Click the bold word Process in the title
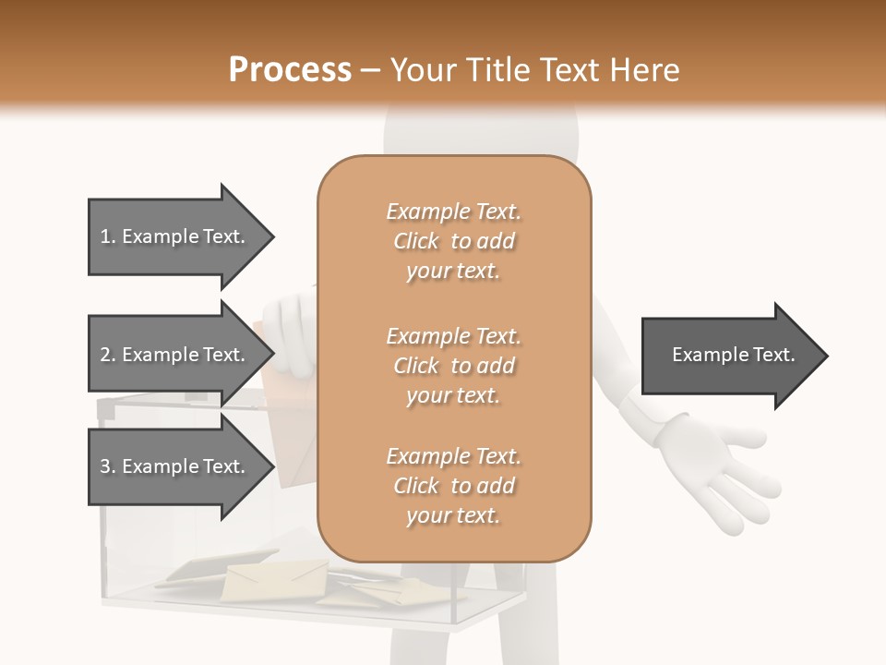(290, 70)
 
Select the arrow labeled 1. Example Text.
(175, 236)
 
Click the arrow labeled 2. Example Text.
(175, 355)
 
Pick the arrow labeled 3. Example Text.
(175, 466)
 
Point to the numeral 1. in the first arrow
(107, 236)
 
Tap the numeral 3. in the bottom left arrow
(107, 466)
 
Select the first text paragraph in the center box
(453, 241)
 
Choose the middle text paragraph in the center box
(453, 365)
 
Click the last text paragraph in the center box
(453, 486)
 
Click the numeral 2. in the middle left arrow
(107, 355)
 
